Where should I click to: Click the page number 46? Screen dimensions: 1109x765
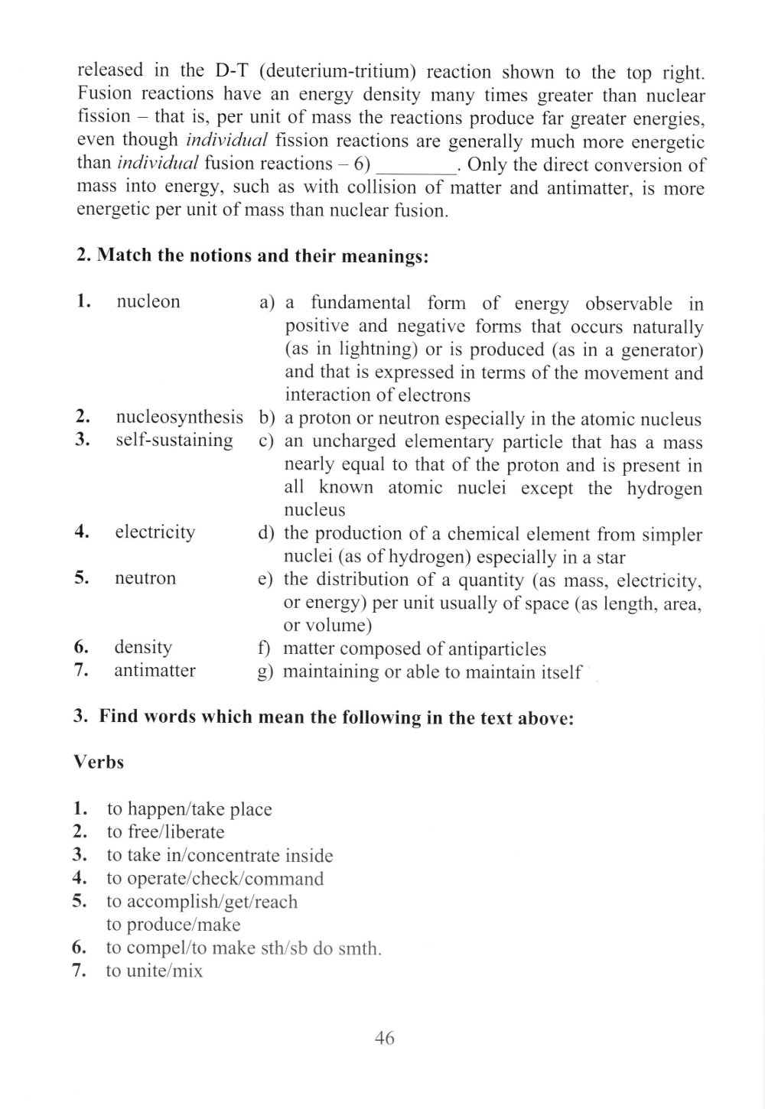pyautogui.click(x=385, y=1038)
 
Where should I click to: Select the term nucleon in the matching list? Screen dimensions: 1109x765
pyautogui.click(x=148, y=301)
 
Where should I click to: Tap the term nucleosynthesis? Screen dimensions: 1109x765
pyautogui.click(x=179, y=417)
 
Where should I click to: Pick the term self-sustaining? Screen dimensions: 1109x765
pyautogui.click(x=174, y=440)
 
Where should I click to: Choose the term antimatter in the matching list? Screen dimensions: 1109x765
pyautogui.click(x=155, y=671)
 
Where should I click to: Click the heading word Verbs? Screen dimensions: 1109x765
pyautogui.click(x=99, y=763)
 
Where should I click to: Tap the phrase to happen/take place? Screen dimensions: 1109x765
pyautogui.click(x=189, y=809)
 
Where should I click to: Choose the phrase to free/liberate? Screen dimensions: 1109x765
pyautogui.click(x=165, y=832)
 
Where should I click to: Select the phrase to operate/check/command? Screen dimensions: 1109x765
pyautogui.click(x=215, y=879)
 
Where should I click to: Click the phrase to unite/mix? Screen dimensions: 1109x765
pyautogui.click(x=155, y=971)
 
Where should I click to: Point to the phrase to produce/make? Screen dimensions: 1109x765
pyautogui.click(x=173, y=925)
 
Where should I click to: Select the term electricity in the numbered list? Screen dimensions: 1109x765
pyautogui.click(x=155, y=532)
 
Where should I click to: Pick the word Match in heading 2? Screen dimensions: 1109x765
pyautogui.click(x=125, y=255)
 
